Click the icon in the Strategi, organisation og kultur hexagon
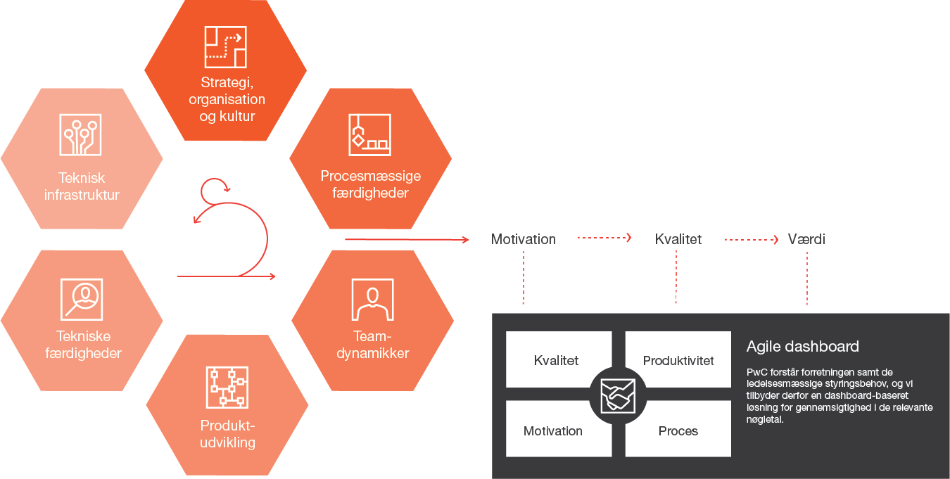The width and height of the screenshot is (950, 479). (x=225, y=48)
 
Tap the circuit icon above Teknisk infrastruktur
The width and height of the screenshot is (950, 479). (x=80, y=134)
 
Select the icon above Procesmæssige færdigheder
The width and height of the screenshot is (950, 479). (x=369, y=134)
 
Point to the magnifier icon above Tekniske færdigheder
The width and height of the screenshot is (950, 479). (x=82, y=299)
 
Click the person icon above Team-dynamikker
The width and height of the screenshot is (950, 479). (x=372, y=299)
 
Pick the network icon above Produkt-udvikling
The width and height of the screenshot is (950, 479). (x=227, y=387)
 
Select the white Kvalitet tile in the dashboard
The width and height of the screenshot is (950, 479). (x=556, y=359)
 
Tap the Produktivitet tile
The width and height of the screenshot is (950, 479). (x=678, y=359)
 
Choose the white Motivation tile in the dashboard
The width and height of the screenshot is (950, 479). (x=553, y=430)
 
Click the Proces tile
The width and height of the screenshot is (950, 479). (x=678, y=430)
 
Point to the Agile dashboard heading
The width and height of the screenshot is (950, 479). (x=802, y=347)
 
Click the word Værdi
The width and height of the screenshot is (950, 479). (x=806, y=239)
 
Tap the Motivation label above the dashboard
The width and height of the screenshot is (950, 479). (x=523, y=239)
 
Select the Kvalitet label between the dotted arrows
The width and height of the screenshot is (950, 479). (x=678, y=239)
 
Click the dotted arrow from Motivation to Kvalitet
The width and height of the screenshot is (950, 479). (x=604, y=238)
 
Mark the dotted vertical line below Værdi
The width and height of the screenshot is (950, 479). (x=806, y=278)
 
